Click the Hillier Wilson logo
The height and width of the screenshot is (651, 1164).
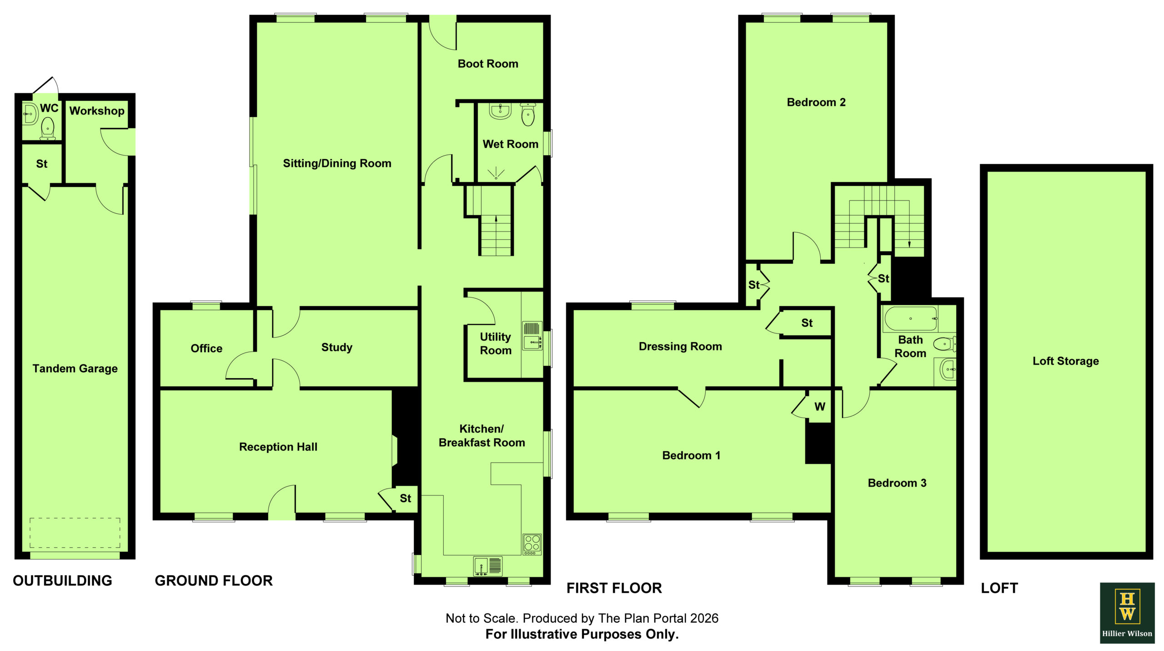[1127, 613]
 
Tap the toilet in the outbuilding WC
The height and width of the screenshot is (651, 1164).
[48, 128]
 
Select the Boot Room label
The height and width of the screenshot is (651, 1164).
[488, 64]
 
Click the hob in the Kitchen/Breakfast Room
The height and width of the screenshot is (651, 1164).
[532, 544]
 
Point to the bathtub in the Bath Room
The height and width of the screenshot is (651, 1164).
[911, 318]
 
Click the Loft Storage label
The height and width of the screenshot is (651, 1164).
[1066, 361]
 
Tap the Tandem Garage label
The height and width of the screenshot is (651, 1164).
[75, 368]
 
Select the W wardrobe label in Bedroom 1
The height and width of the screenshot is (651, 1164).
[820, 407]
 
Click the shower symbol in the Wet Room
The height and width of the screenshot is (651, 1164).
[496, 173]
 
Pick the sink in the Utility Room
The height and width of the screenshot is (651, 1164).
[532, 336]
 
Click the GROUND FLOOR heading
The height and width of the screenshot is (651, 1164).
[214, 580]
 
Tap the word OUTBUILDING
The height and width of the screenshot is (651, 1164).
[62, 580]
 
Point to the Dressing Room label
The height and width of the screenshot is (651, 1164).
[680, 347]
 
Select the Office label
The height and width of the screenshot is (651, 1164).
[206, 348]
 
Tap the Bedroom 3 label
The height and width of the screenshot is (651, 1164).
[897, 483]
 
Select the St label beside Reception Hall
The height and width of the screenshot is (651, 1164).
[406, 499]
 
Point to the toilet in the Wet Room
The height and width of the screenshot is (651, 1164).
[528, 115]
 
